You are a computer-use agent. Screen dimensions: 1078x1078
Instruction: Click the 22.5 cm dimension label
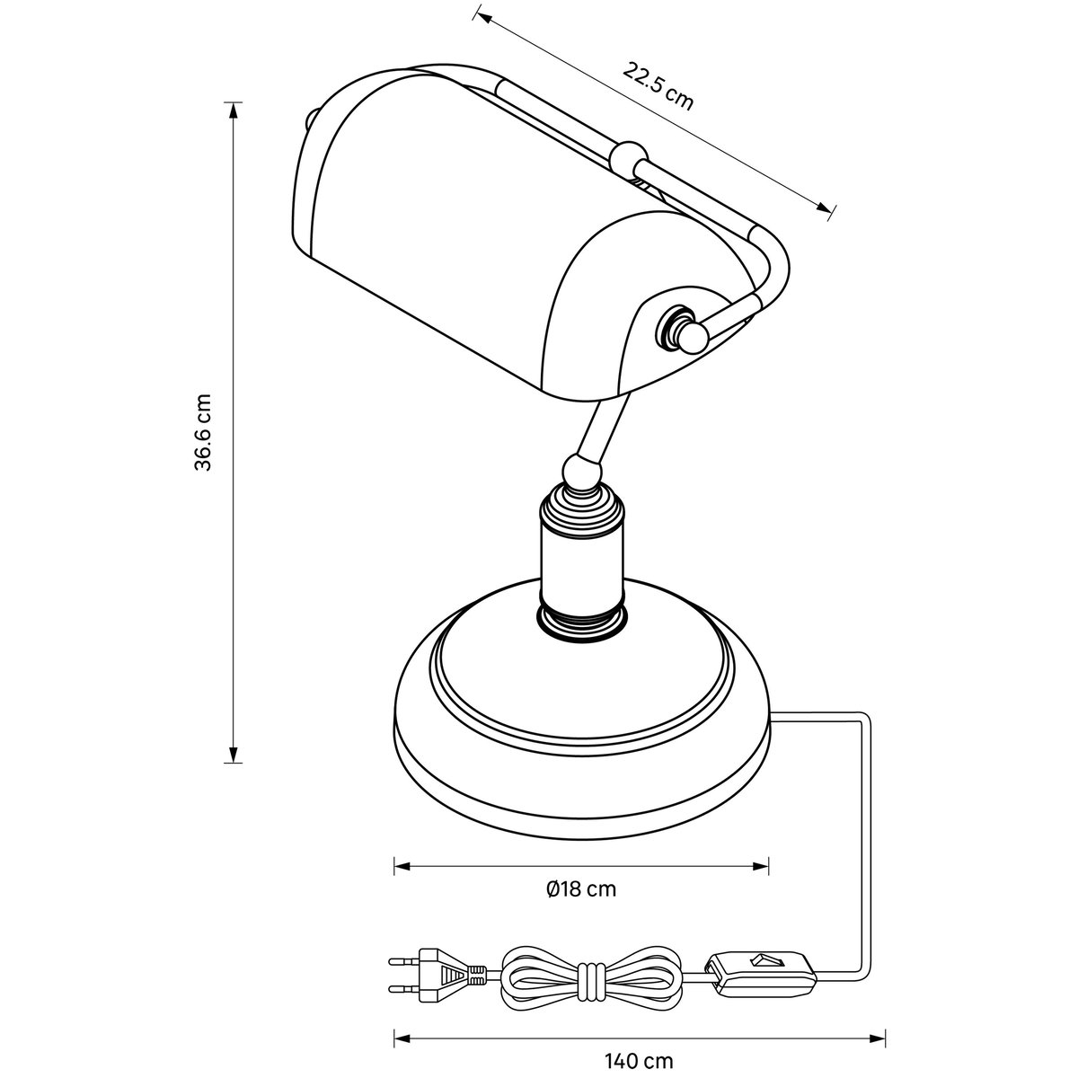pyautogui.click(x=658, y=87)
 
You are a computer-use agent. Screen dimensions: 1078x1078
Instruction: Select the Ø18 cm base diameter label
pyautogui.click(x=580, y=889)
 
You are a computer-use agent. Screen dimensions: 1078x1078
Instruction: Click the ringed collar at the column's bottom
pyautogui.click(x=582, y=620)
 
